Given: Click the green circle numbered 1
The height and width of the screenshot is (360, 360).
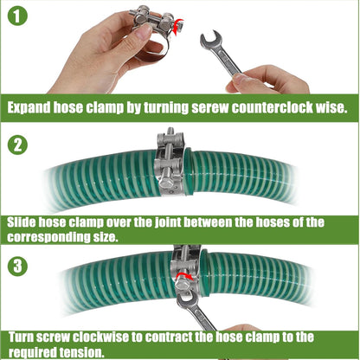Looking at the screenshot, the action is click(x=17, y=16).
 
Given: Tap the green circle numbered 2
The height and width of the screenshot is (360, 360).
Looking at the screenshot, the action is click(x=17, y=145).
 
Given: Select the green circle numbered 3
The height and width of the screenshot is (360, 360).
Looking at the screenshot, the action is click(x=17, y=266).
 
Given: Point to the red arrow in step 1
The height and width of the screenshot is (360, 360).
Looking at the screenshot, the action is click(x=178, y=27).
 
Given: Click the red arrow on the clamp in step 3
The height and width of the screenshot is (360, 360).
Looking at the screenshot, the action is click(x=184, y=277).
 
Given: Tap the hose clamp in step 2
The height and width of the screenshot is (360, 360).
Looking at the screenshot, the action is click(x=170, y=162).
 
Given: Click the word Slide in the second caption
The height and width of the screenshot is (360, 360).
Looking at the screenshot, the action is click(x=22, y=222).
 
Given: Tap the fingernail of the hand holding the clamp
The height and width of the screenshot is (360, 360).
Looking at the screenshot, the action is click(x=144, y=31).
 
